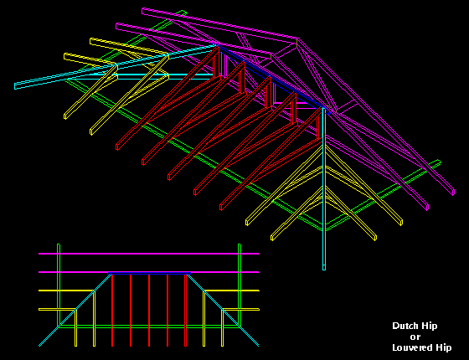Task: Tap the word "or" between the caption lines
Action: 415,337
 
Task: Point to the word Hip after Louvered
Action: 444,347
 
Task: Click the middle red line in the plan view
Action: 149,310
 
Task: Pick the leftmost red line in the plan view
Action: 112,310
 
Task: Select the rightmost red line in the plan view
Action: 185,310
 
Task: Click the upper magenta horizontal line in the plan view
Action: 149,254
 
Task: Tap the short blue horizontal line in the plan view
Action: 149,273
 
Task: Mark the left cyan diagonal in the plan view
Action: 75,310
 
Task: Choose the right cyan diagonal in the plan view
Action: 223,310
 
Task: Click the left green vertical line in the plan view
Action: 59,285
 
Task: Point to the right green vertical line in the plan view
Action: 240,285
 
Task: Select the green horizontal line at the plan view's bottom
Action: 149,327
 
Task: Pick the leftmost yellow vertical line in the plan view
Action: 75,328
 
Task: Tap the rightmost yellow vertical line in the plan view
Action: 222,328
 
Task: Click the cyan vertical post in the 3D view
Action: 324,188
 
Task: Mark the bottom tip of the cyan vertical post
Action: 324,270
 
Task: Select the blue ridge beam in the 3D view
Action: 271,79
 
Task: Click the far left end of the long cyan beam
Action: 15,86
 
